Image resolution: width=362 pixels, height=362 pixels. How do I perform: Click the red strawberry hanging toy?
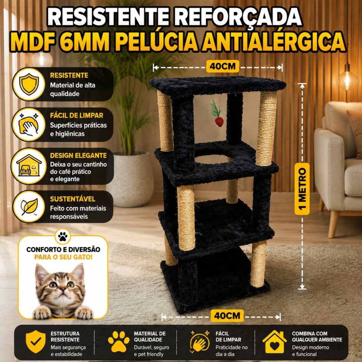(219, 122)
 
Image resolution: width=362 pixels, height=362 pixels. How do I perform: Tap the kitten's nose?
(62, 289)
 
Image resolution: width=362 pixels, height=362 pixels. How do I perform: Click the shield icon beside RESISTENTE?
(29, 84)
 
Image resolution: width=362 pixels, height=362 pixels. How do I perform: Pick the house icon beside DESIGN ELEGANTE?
(29, 166)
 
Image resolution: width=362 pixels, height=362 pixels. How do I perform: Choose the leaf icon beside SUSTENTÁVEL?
(29, 206)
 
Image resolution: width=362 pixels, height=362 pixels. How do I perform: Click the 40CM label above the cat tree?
(223, 66)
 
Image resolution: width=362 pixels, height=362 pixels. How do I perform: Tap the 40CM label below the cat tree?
(227, 316)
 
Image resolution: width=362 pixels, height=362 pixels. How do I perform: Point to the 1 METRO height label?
(302, 189)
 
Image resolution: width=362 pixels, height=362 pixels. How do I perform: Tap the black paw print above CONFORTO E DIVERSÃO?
(63, 236)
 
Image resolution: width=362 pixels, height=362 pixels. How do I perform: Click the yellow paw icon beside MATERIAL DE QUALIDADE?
(119, 342)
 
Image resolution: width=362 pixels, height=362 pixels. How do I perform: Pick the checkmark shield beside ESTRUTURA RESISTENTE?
(36, 342)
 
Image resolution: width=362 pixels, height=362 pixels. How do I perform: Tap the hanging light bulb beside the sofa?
(347, 78)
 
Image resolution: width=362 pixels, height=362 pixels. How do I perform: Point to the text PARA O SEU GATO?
(63, 257)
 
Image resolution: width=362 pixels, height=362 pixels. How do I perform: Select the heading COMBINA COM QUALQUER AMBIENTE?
(317, 337)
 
